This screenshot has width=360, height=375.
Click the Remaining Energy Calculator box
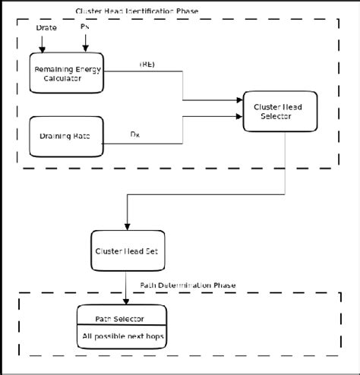pos(67,74)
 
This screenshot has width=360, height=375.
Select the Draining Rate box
pos(66,136)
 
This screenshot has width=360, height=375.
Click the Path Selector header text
pos(119,319)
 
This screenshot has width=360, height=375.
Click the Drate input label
pos(47,28)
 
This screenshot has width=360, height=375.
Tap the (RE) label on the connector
pos(147,65)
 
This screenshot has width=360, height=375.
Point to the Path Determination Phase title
pos(188,285)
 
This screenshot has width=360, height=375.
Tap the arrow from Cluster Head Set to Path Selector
pos(125,287)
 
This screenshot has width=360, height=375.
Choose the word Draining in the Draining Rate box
pos(56,136)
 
